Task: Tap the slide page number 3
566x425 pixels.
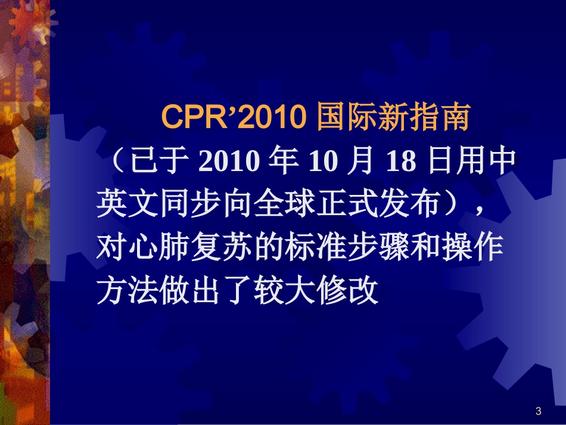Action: pyautogui.click(x=539, y=411)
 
